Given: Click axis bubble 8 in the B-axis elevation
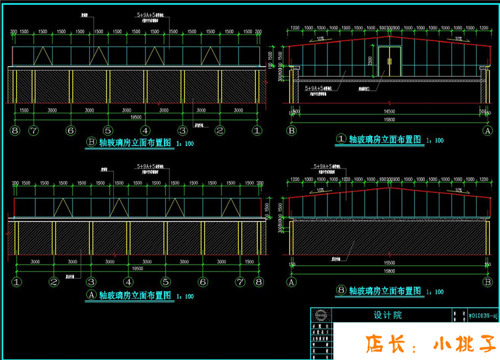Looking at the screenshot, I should coord(15,131).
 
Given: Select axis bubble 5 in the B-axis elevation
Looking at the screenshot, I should coord(107,131).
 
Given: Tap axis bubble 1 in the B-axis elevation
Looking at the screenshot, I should coord(256,131).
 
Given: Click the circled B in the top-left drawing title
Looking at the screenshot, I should coord(91,143).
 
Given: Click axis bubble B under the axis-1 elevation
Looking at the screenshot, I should coord(291,131).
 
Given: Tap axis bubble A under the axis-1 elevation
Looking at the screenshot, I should coord(487,131).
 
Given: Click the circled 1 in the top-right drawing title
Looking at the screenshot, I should coord(341,139).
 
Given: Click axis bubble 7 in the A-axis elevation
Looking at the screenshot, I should coord(240,282).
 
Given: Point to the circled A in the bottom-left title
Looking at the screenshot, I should coord(91,294).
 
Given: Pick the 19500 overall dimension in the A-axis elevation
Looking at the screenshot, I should coord(137,268).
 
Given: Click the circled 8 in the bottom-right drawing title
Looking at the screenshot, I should coord(341,291).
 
